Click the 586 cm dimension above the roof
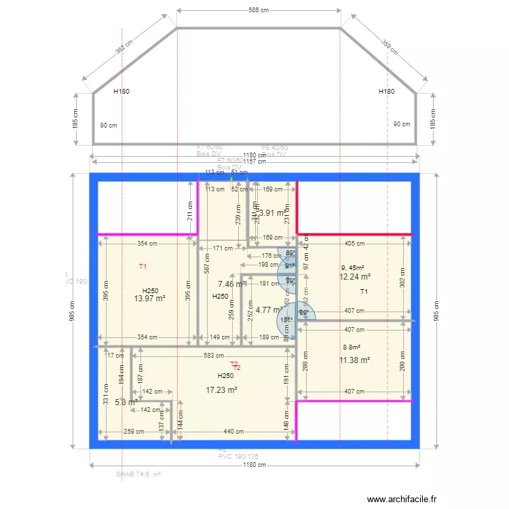(x=259, y=10)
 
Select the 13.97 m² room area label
(x=150, y=299)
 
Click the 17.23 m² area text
(x=221, y=390)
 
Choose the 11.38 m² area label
(x=354, y=360)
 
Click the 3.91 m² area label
(x=271, y=213)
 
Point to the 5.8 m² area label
(x=126, y=402)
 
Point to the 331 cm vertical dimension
(x=106, y=393)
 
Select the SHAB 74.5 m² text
(x=138, y=475)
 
